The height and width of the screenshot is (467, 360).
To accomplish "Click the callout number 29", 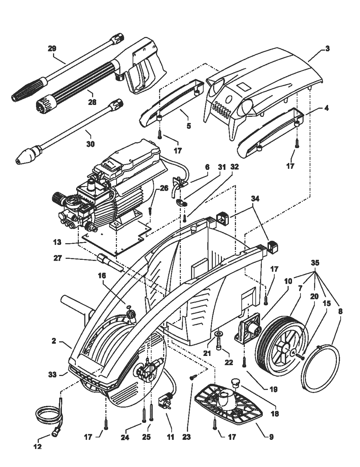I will [x=52, y=48].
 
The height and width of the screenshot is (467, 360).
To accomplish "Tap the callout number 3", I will [x=327, y=49].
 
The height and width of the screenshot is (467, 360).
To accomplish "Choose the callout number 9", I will [x=271, y=437].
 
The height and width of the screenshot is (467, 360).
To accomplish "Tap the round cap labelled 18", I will [x=235, y=382].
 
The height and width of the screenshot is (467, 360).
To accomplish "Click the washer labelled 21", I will [x=219, y=333].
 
